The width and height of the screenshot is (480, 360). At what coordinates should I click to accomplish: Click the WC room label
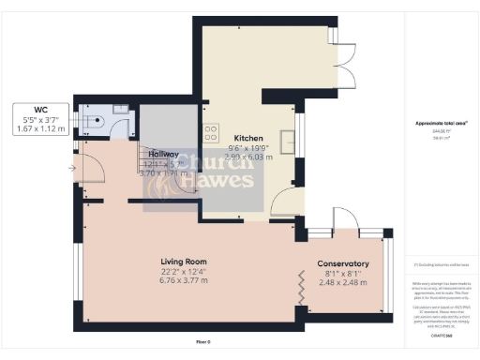[x=41, y=110]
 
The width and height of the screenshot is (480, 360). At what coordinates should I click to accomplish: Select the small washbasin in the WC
[x=121, y=110]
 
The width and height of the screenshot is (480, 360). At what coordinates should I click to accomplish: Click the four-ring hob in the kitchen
[x=211, y=132]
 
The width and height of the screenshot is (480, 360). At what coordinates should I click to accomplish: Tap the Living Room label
[x=184, y=262]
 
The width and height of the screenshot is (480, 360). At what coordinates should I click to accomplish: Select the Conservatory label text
[x=342, y=263]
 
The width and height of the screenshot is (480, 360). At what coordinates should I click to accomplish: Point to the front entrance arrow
[x=72, y=169]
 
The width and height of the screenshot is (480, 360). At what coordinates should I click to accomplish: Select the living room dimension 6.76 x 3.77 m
[x=184, y=281]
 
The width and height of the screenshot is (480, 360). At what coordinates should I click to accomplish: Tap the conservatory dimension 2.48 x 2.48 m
[x=342, y=282]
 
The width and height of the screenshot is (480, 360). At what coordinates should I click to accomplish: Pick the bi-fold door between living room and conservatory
[x=301, y=283]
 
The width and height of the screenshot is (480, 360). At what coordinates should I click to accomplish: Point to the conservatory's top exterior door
[x=322, y=232]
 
